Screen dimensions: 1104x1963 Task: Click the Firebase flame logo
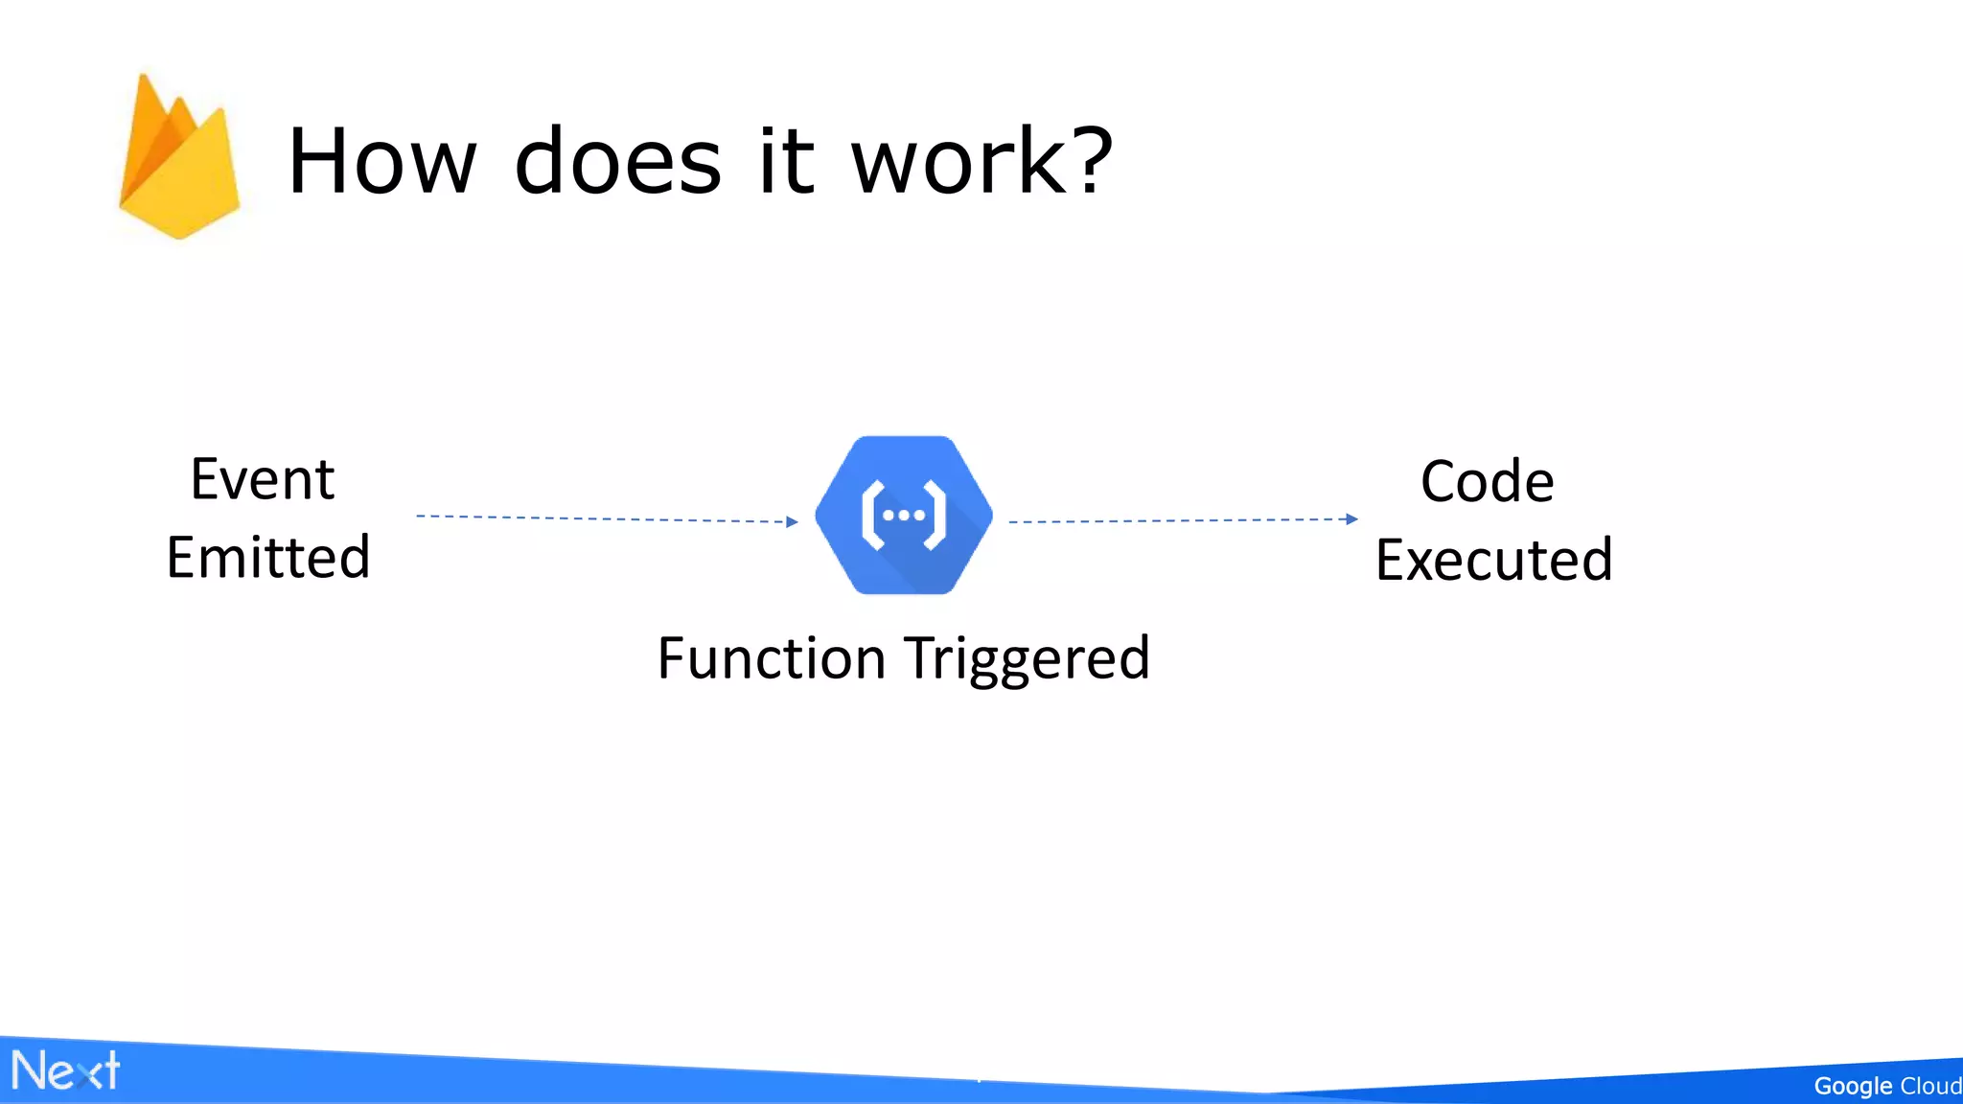(x=179, y=158)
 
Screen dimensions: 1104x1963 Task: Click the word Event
(x=263, y=479)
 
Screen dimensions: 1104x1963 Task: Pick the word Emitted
(x=268, y=558)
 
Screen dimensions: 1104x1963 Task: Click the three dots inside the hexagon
(x=904, y=516)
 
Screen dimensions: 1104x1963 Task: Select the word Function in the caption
(x=772, y=659)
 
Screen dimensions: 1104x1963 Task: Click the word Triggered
(x=1028, y=659)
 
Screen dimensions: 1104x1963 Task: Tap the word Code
(x=1487, y=481)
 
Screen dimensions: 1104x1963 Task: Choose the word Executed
(x=1494, y=561)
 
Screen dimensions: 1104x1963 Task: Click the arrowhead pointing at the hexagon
(x=792, y=522)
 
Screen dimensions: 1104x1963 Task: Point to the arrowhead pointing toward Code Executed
(x=1351, y=519)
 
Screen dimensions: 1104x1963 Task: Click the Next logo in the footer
(x=65, y=1070)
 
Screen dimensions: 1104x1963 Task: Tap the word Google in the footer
(x=1852, y=1086)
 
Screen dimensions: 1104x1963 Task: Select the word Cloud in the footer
(x=1930, y=1086)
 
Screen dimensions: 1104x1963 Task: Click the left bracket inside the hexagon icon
(x=870, y=516)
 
